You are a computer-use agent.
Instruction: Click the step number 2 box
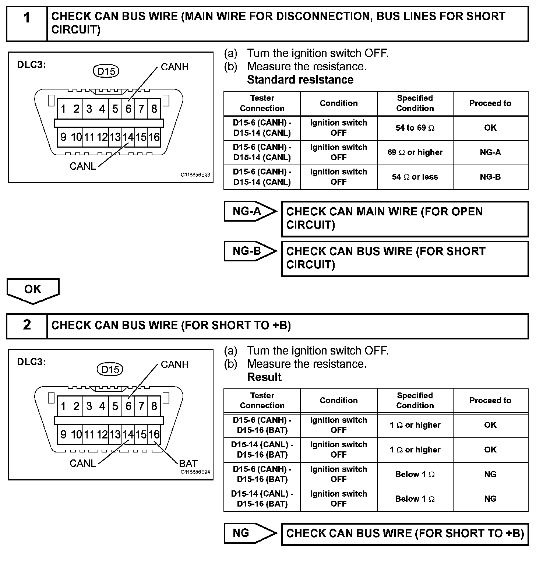[x=27, y=325]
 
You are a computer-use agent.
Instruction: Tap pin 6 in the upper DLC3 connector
[x=128, y=109]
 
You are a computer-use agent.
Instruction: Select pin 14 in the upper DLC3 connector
[x=128, y=137]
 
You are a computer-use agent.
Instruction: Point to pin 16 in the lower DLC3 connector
[x=154, y=435]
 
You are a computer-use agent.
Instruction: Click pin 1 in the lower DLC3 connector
[x=63, y=406]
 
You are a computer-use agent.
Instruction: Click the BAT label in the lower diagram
[x=188, y=463]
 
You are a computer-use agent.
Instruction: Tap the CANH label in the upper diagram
[x=174, y=67]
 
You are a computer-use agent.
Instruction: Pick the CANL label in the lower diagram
[x=82, y=463]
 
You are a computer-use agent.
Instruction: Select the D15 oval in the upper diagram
[x=106, y=71]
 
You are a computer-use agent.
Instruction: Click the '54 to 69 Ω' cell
[x=415, y=128]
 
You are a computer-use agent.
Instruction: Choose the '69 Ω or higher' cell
[x=415, y=152]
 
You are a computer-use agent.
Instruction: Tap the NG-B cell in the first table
[x=490, y=177]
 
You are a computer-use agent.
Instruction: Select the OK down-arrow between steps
[x=33, y=290]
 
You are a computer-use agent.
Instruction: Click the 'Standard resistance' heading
[x=300, y=80]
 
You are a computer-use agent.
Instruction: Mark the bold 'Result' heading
[x=264, y=377]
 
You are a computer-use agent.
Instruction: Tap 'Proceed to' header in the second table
[x=490, y=401]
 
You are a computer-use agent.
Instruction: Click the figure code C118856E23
[x=195, y=175]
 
